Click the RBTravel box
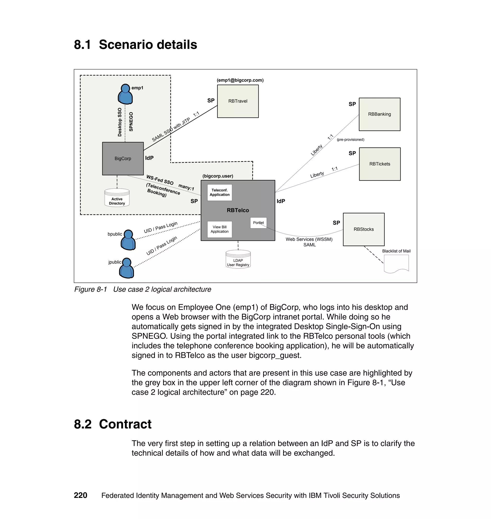click(x=238, y=101)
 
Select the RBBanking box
click(x=379, y=114)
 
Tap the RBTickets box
click(x=380, y=164)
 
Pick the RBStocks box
click(x=363, y=229)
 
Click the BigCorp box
click(x=123, y=158)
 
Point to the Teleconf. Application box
click(x=220, y=192)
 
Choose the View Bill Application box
click(x=220, y=229)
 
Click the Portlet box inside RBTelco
click(x=258, y=223)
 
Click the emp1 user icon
click(x=125, y=94)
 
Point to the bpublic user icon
click(x=128, y=240)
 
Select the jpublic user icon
click(x=127, y=268)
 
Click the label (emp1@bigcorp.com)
click(x=240, y=80)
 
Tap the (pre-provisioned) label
click(x=351, y=140)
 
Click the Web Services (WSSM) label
click(x=309, y=239)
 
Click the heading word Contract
click(x=125, y=424)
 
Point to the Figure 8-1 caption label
click(x=91, y=289)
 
